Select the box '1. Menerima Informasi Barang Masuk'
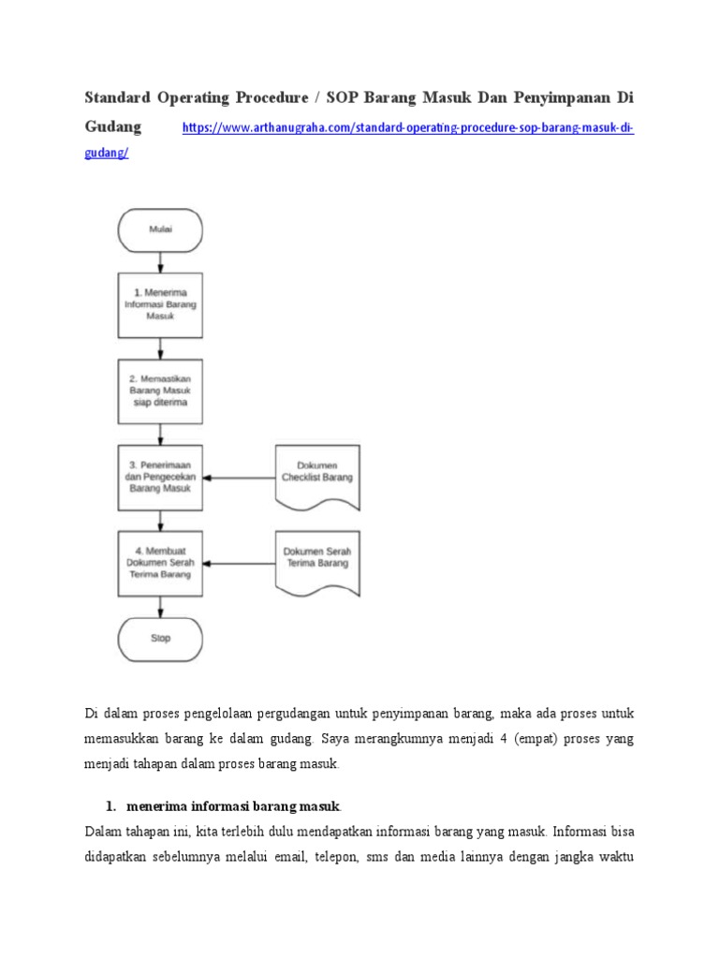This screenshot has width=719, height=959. [x=160, y=304]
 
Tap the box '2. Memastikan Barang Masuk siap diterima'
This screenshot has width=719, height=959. [x=160, y=391]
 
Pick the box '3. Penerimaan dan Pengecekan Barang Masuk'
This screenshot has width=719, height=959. [x=160, y=477]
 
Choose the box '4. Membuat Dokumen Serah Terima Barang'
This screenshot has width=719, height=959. [x=160, y=563]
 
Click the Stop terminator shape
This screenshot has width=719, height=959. [x=160, y=640]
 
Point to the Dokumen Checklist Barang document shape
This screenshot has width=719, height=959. [x=317, y=474]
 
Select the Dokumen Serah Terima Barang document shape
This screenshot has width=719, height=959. [x=317, y=559]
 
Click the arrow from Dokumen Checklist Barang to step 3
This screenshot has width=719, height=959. [x=239, y=478]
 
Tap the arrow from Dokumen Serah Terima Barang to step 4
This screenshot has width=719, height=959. [x=239, y=564]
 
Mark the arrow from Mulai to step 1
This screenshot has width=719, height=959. [x=160, y=261]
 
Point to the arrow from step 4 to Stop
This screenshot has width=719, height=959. [x=160, y=606]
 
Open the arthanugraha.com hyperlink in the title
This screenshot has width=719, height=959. [x=406, y=127]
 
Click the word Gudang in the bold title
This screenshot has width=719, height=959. [x=113, y=126]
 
